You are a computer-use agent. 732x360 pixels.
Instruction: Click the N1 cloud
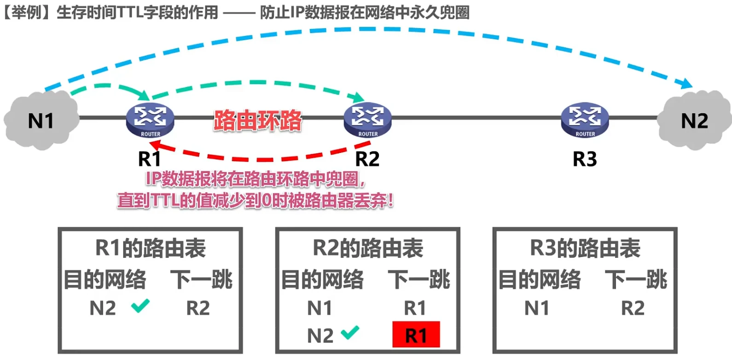point(41,121)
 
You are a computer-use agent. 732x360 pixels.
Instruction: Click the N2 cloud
point(694,121)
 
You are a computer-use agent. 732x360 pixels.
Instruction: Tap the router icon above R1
point(150,120)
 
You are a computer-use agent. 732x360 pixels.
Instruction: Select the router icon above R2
point(367,120)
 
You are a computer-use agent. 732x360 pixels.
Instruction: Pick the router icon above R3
point(585,120)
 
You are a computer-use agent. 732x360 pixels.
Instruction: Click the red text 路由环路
point(258,121)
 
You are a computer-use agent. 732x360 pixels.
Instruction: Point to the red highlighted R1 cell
point(416,335)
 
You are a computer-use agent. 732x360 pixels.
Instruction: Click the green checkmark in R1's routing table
point(140,305)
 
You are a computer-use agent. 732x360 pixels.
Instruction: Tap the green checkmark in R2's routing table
point(350,332)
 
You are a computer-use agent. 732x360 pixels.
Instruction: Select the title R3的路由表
point(585,248)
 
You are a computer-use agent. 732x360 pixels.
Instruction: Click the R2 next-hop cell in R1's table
point(198,308)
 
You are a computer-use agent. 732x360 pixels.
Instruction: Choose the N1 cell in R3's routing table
point(537,308)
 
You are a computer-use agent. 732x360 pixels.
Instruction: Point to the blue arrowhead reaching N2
point(686,84)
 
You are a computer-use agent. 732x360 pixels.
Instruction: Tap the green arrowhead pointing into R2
point(358,98)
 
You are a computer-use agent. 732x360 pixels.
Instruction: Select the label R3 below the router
point(585,159)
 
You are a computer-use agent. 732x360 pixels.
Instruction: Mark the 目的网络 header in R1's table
point(105,279)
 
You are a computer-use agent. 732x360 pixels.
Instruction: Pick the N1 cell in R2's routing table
point(320,308)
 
